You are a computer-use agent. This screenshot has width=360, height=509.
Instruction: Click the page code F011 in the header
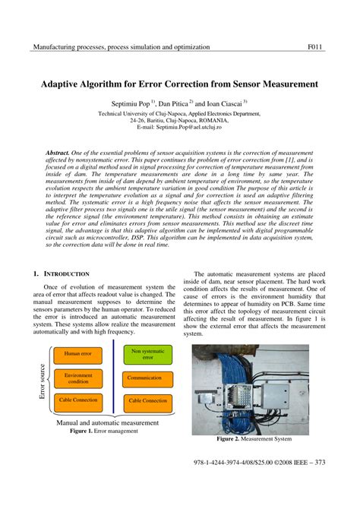(x=315, y=47)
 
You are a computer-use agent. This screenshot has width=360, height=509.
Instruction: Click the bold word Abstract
(x=58, y=153)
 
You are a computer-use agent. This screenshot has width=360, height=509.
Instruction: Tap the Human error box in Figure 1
(x=77, y=353)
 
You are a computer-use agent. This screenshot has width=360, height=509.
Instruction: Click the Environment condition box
(x=77, y=378)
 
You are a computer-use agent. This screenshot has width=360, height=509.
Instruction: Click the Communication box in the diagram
(x=148, y=377)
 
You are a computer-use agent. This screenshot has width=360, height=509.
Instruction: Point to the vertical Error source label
(x=42, y=380)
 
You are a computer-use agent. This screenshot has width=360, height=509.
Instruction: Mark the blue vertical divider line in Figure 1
(x=112, y=375)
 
